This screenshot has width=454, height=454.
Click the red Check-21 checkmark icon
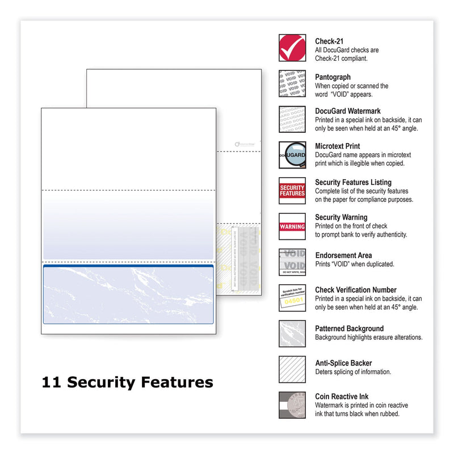pos(292,48)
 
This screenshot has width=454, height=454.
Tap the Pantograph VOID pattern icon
pos(292,83)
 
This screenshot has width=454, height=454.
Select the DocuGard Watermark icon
pos(292,119)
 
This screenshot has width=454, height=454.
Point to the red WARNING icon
pos(292,226)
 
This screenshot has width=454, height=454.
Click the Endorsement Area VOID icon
pos(292,262)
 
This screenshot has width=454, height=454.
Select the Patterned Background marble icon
pos(292,334)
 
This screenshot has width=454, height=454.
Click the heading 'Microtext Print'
pos(337,146)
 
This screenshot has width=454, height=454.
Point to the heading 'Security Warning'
pos(341,217)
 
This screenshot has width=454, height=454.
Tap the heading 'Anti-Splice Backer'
pos(344,364)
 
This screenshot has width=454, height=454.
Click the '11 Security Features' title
pos(127,382)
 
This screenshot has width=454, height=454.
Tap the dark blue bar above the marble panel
pos(128,264)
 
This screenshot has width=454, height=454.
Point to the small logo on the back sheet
pos(246,145)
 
